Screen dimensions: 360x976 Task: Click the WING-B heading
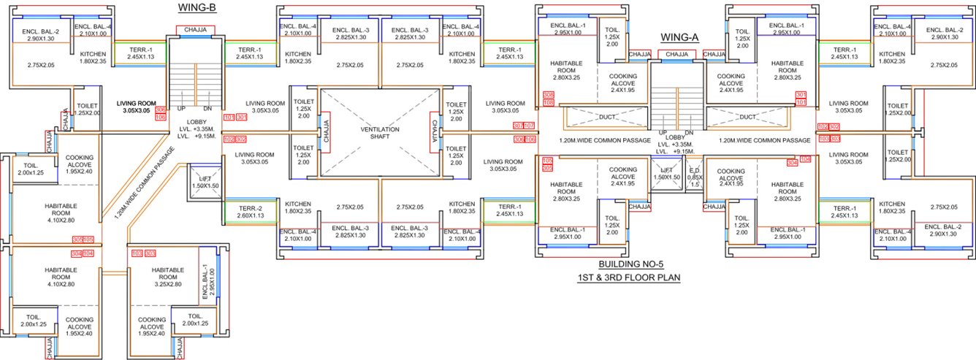coord(196,7)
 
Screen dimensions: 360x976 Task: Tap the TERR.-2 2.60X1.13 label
coord(244,211)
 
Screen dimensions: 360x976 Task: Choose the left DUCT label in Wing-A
coord(606,117)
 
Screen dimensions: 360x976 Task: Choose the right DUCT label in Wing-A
coord(747,117)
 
